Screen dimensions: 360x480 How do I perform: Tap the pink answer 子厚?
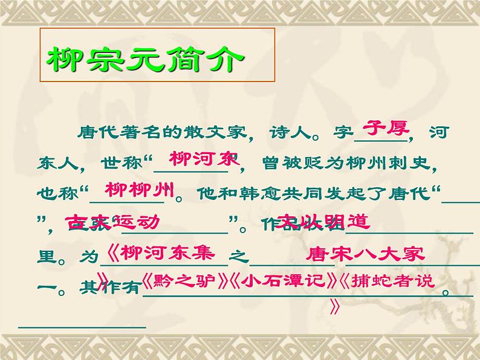(385, 129)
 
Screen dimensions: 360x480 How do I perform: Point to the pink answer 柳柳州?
(140, 189)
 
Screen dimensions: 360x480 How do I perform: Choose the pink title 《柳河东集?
(160, 252)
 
